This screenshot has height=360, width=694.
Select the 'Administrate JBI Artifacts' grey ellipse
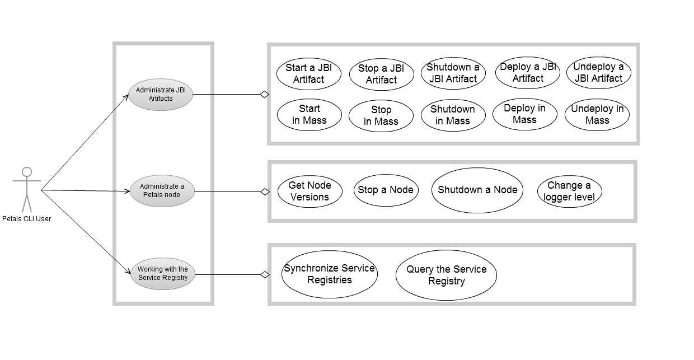point(161,95)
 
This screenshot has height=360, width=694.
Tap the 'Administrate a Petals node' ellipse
point(162,191)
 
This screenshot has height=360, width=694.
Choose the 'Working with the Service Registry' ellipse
point(162,274)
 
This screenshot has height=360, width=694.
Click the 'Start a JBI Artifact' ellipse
point(308,73)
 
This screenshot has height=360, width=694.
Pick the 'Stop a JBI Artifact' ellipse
point(381,74)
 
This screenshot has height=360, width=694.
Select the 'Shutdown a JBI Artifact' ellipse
point(453,73)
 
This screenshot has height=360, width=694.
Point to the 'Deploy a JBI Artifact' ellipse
point(527,73)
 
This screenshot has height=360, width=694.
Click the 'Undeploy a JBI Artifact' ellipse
point(598,73)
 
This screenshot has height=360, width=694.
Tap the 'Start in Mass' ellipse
point(309,115)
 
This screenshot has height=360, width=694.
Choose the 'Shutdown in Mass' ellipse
point(453,115)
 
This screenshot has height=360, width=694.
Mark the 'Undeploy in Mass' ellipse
point(597,115)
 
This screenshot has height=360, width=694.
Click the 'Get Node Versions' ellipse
point(310,191)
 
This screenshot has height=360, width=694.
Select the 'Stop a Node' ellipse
point(386,190)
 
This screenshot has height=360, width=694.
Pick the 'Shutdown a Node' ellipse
point(477,190)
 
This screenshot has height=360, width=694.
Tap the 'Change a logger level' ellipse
point(569,191)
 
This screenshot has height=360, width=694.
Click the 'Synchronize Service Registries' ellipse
point(329,274)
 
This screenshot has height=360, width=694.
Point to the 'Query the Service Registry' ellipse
point(446,275)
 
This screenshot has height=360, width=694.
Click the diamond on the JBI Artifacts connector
point(264,95)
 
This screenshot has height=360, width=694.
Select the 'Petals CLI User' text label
point(26,219)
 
